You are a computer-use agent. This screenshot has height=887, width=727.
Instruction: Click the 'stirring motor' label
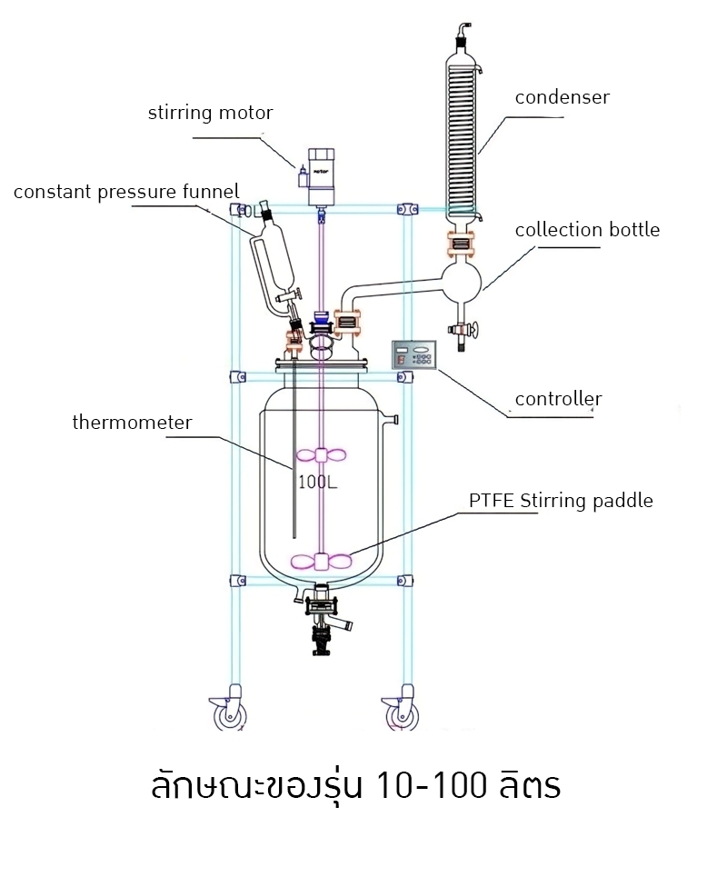[x=210, y=114]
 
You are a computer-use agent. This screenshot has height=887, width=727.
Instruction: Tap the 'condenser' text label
[x=562, y=97]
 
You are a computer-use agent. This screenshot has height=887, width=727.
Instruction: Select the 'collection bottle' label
[x=587, y=230]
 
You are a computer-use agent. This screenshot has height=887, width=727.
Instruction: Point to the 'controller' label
[x=558, y=399]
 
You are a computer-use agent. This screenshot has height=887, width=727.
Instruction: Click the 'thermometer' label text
[x=132, y=423]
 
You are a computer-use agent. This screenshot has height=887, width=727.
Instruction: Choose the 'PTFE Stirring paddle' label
[x=561, y=501]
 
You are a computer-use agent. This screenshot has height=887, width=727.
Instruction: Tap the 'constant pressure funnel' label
[x=126, y=192]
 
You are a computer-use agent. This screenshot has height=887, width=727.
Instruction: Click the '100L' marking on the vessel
[x=318, y=482]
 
